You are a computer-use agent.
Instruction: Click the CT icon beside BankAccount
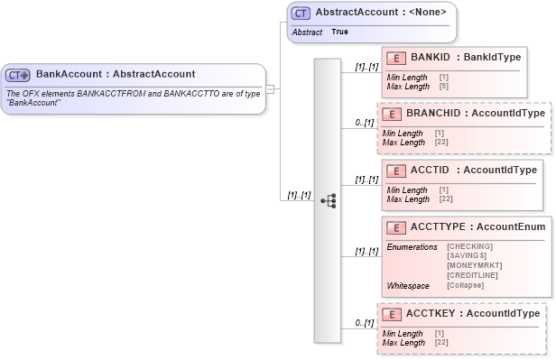click(18, 75)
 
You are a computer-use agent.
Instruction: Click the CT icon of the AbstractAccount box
click(301, 14)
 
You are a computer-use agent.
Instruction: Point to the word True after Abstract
click(339, 32)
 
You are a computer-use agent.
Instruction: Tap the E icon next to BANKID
click(394, 58)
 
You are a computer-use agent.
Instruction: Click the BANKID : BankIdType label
click(465, 58)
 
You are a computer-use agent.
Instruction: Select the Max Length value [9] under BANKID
click(443, 87)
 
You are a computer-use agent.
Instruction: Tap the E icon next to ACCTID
click(394, 171)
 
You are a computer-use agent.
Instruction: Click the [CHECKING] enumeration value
click(469, 246)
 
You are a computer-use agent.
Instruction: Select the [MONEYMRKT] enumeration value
click(474, 265)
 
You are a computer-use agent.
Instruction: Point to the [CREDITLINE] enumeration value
click(473, 275)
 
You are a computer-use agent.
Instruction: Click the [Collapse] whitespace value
click(465, 285)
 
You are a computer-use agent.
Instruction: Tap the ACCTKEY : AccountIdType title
click(472, 314)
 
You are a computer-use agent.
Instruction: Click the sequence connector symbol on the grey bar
click(329, 200)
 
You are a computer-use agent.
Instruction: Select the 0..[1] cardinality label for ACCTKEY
click(364, 322)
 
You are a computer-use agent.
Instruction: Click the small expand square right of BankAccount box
click(270, 89)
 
